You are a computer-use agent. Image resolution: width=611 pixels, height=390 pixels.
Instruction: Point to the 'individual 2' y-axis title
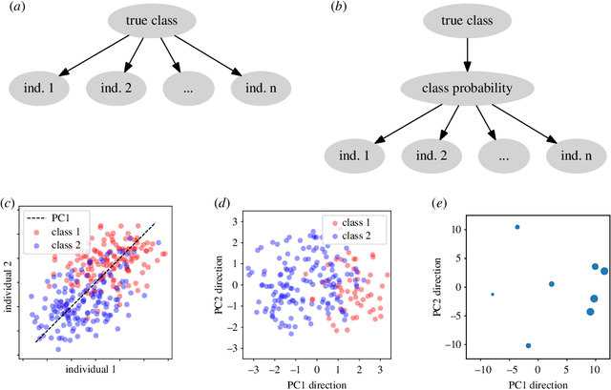pyautogui.click(x=9, y=278)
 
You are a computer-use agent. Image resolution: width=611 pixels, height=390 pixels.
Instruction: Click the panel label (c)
pyautogui.click(x=9, y=203)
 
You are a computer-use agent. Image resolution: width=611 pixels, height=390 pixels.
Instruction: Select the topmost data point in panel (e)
pyautogui.click(x=517, y=227)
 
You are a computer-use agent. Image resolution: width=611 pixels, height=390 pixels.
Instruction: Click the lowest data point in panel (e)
pyautogui.click(x=528, y=345)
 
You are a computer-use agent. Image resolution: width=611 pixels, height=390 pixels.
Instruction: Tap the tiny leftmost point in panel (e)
pyautogui.click(x=493, y=295)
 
